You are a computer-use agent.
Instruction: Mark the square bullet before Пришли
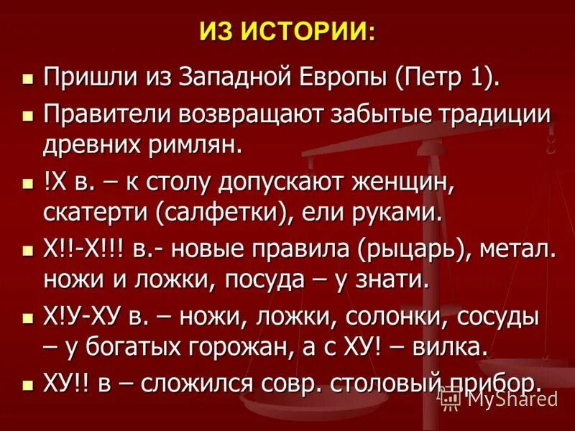point(29,77)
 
